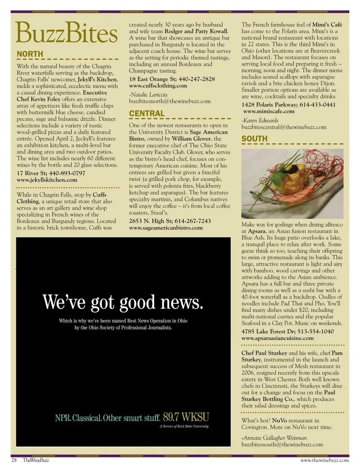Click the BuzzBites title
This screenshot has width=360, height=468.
pos(66,33)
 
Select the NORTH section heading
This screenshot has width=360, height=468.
pos(30,54)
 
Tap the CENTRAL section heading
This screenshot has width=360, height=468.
pos(147,113)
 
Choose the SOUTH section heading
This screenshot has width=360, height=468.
pos(254,138)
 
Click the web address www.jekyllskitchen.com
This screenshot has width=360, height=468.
pos(47,180)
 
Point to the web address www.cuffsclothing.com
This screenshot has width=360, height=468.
pos(158,86)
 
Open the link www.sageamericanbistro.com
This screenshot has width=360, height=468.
pos(166,227)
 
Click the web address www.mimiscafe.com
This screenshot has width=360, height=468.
pos(268,111)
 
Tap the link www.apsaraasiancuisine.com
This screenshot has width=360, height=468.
pos(277,338)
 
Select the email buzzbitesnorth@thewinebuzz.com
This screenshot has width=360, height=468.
pos(169,101)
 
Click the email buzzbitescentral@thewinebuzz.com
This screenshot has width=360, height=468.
pos(283,127)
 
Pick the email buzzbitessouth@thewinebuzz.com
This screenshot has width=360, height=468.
pos(282,444)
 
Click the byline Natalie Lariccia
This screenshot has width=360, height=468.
pos(148,95)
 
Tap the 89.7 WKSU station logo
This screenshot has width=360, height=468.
pos(186,417)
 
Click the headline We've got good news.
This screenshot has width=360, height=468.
pos(123,302)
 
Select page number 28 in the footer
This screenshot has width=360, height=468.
pos(14,460)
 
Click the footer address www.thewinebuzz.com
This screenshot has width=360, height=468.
pos(324,460)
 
